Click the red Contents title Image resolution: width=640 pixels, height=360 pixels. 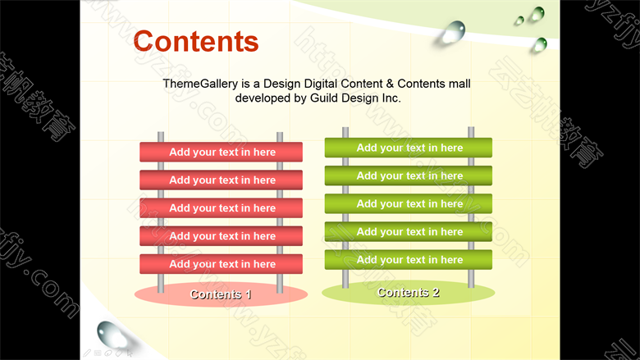pyautogui.click(x=196, y=41)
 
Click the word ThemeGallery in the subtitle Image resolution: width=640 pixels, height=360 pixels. pyautogui.click(x=200, y=84)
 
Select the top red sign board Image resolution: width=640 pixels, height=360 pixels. pyautogui.click(x=222, y=152)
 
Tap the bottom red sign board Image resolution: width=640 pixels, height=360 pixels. pyautogui.click(x=222, y=264)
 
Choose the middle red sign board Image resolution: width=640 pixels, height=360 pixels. pyautogui.click(x=222, y=208)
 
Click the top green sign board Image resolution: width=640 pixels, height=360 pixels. pyautogui.click(x=408, y=148)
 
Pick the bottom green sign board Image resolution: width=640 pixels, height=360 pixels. pyautogui.click(x=408, y=260)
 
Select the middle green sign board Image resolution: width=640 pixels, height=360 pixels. pyautogui.click(x=408, y=204)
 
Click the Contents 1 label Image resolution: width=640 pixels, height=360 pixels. pyautogui.click(x=221, y=294)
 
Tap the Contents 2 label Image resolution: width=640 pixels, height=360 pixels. pyautogui.click(x=408, y=292)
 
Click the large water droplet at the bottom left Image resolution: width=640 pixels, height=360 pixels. pyautogui.click(x=112, y=335)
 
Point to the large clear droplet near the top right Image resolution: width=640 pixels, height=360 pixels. pyautogui.click(x=454, y=32)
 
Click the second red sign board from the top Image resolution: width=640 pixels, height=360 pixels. pyautogui.click(x=222, y=180)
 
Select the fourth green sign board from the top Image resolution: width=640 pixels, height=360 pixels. pyautogui.click(x=408, y=231)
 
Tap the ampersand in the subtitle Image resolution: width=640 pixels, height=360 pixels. pyautogui.click(x=390, y=84)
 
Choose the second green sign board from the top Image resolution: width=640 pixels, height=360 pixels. pyautogui.click(x=408, y=175)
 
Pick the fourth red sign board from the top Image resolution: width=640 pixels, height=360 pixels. pyautogui.click(x=222, y=236)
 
